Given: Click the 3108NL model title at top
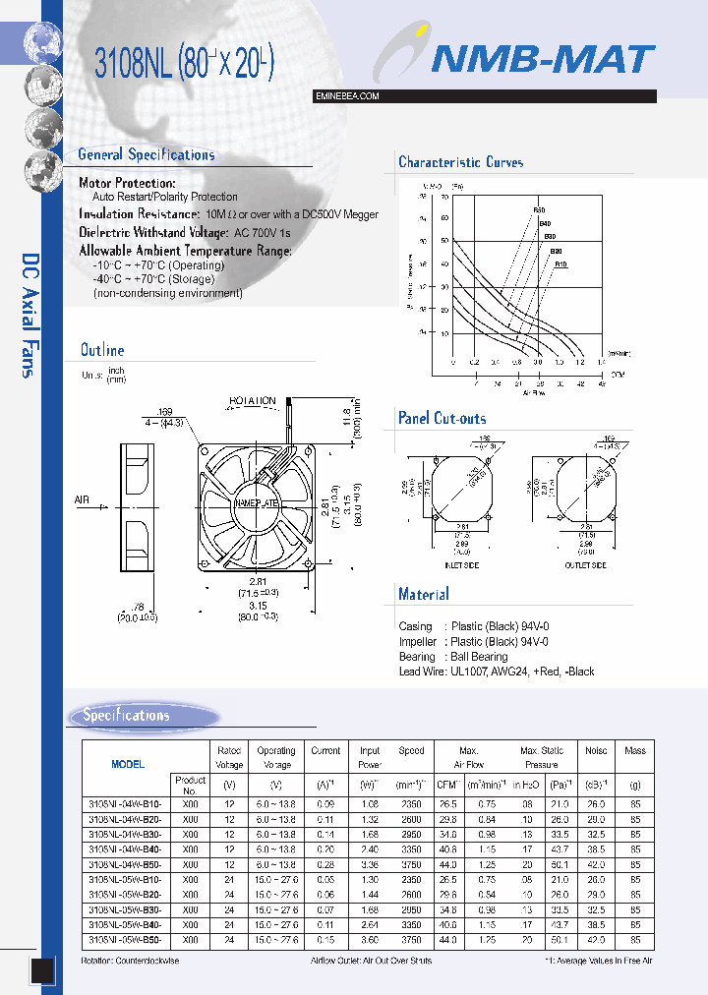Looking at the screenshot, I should pyautogui.click(x=184, y=65).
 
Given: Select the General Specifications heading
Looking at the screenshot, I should pyautogui.click(x=147, y=154).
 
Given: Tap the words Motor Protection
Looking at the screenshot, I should pyautogui.click(x=128, y=183).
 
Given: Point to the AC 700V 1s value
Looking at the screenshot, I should pyautogui.click(x=263, y=232).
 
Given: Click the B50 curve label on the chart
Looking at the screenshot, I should pyautogui.click(x=538, y=210).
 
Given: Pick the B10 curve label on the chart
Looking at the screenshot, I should pyautogui.click(x=560, y=263).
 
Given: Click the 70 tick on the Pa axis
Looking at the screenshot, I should pyautogui.click(x=444, y=194).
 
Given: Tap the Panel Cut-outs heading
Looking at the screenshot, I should pyautogui.click(x=442, y=418).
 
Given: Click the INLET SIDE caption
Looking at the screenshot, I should pyautogui.click(x=460, y=565).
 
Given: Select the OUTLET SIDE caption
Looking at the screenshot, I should pyautogui.click(x=584, y=565).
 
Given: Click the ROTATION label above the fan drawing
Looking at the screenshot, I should pyautogui.click(x=253, y=401).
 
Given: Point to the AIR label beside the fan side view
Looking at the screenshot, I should pyautogui.click(x=82, y=500).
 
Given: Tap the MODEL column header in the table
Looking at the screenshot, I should pyautogui.click(x=128, y=764).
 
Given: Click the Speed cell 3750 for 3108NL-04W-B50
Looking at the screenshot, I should pyautogui.click(x=411, y=865).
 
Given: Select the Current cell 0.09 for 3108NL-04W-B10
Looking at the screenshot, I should pyautogui.click(x=325, y=803).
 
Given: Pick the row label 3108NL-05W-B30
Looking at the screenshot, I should pyautogui.click(x=125, y=910).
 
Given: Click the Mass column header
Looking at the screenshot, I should pyautogui.click(x=635, y=750).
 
